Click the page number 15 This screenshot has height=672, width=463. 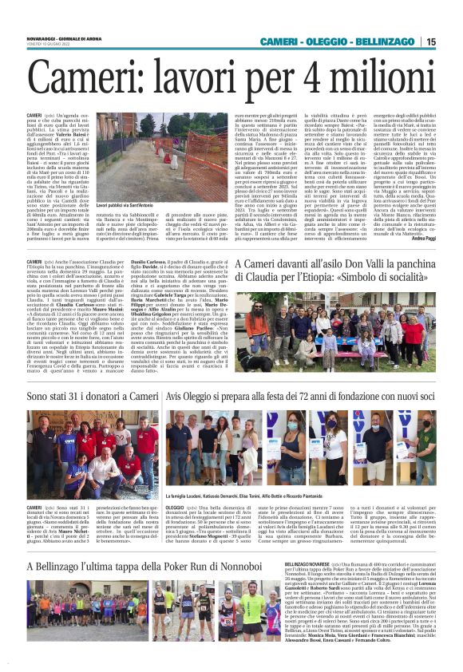tap(430, 42)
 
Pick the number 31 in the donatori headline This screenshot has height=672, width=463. tap(73, 396)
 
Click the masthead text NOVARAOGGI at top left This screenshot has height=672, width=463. tap(42, 37)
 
